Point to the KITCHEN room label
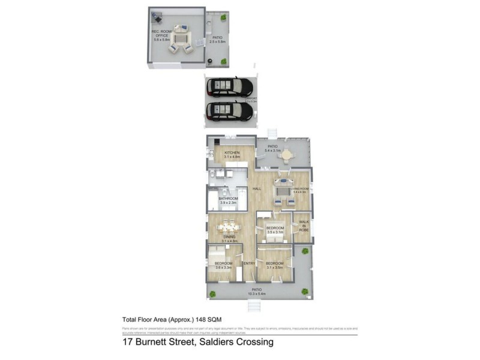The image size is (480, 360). click(x=232, y=153)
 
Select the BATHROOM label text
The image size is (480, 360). click(x=228, y=199)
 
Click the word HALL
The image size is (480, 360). click(x=256, y=190)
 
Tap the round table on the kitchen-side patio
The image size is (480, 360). click(x=289, y=154)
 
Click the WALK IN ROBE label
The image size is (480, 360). click(x=304, y=226)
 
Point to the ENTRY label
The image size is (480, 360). click(x=250, y=263)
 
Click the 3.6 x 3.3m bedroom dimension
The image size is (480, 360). click(x=223, y=268)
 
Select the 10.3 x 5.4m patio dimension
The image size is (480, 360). click(x=257, y=293)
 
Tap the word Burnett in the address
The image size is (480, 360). click(x=154, y=343)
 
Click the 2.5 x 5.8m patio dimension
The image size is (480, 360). click(x=217, y=41)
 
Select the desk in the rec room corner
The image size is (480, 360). click(x=157, y=16)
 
